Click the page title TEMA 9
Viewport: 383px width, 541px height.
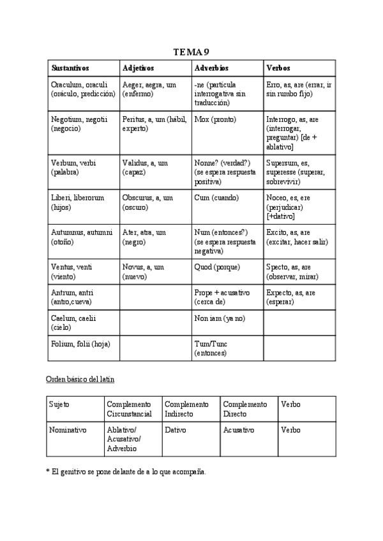(191, 52)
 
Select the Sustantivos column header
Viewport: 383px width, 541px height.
(70, 68)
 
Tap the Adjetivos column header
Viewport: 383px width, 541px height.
(138, 68)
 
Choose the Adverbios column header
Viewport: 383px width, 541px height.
(211, 68)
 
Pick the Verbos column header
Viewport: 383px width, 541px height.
(278, 68)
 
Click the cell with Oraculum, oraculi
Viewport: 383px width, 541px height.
(83, 89)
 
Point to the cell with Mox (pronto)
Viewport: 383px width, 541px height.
(215, 119)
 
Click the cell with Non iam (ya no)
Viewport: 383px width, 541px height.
(220, 318)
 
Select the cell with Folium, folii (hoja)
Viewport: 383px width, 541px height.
(80, 344)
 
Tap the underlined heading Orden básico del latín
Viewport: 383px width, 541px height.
(80, 379)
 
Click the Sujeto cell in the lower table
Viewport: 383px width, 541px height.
(60, 404)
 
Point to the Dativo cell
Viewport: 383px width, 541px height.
(176, 430)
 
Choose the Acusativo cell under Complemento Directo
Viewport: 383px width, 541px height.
(239, 430)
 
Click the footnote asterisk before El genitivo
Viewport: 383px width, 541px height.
(48, 471)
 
